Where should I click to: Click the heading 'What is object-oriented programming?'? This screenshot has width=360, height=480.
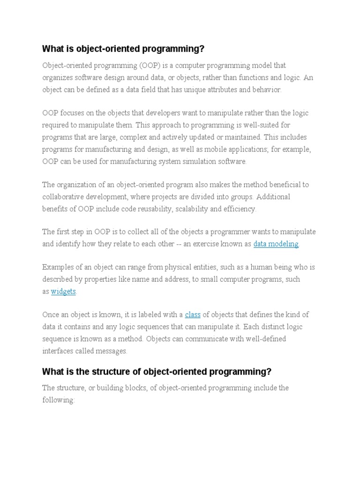coord(123,49)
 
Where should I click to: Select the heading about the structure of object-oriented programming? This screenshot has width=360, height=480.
coord(157,372)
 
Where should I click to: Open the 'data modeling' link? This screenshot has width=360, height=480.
coord(276,244)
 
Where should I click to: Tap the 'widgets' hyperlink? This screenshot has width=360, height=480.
coord(63,291)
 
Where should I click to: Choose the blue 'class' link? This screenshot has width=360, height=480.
coord(193,315)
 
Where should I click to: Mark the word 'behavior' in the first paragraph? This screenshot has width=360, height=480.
coord(267,90)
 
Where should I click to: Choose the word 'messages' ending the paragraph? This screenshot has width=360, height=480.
coord(111,351)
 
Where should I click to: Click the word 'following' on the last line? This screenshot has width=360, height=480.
coord(58,400)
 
